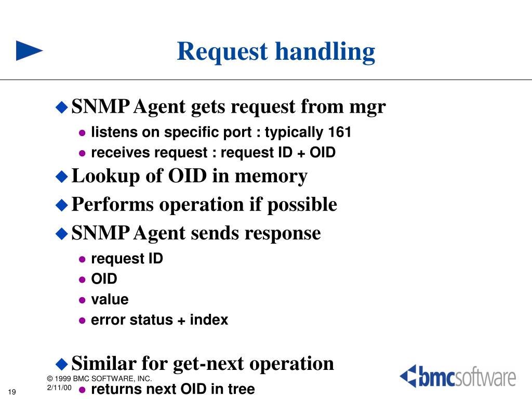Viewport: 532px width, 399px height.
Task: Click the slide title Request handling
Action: [275, 51]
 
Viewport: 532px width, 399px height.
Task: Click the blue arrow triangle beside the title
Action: [29, 50]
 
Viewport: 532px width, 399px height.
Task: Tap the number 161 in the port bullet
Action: [340, 132]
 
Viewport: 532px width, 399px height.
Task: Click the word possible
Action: [302, 205]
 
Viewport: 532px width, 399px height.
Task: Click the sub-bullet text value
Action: [110, 300]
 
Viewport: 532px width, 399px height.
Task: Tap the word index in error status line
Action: [209, 320]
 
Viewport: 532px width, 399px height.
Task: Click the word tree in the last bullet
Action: [241, 389]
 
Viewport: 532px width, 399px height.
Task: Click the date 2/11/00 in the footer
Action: [59, 388]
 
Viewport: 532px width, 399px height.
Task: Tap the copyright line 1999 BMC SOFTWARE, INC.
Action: [99, 379]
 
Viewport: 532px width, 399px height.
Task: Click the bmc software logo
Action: [458, 377]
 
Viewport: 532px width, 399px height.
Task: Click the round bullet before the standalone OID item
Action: [82, 280]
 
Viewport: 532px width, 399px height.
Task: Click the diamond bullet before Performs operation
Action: [62, 205]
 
